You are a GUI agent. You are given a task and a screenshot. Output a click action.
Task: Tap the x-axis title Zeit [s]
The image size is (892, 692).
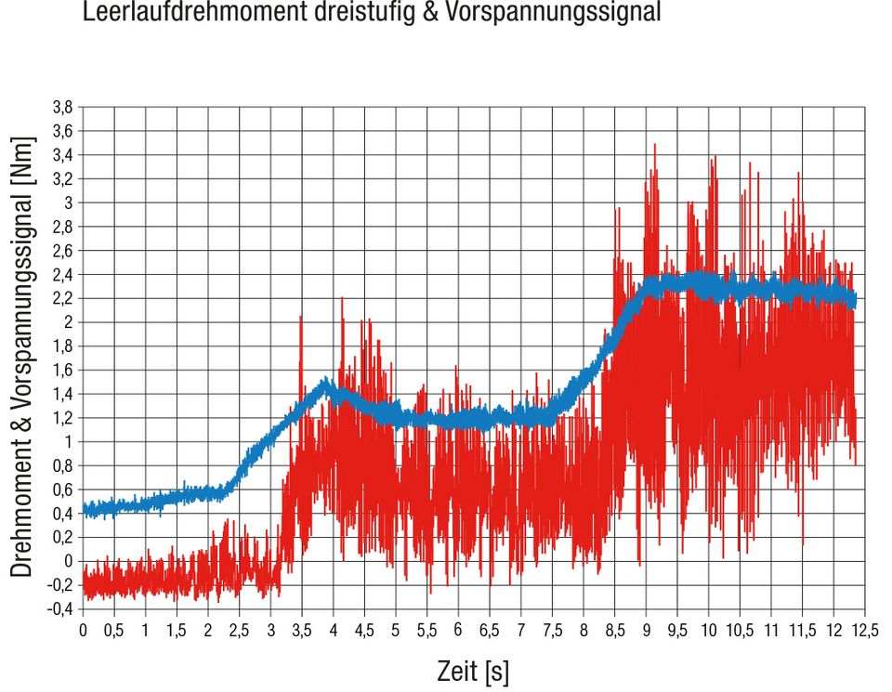click(473, 671)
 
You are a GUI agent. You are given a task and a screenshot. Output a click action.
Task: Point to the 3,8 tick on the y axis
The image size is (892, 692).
click(63, 107)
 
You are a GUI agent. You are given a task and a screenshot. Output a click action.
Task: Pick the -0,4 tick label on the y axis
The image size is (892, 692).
click(60, 608)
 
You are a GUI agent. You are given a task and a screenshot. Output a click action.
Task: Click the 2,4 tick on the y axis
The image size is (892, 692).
click(63, 274)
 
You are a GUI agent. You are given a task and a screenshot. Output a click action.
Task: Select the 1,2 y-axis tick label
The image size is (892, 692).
click(63, 417)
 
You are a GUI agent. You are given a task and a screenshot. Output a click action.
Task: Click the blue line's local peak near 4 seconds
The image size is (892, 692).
click(326, 380)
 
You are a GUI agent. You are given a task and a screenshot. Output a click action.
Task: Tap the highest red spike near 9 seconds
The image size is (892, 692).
click(655, 145)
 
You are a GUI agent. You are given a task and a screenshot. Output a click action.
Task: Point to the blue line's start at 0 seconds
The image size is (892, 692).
click(85, 508)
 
